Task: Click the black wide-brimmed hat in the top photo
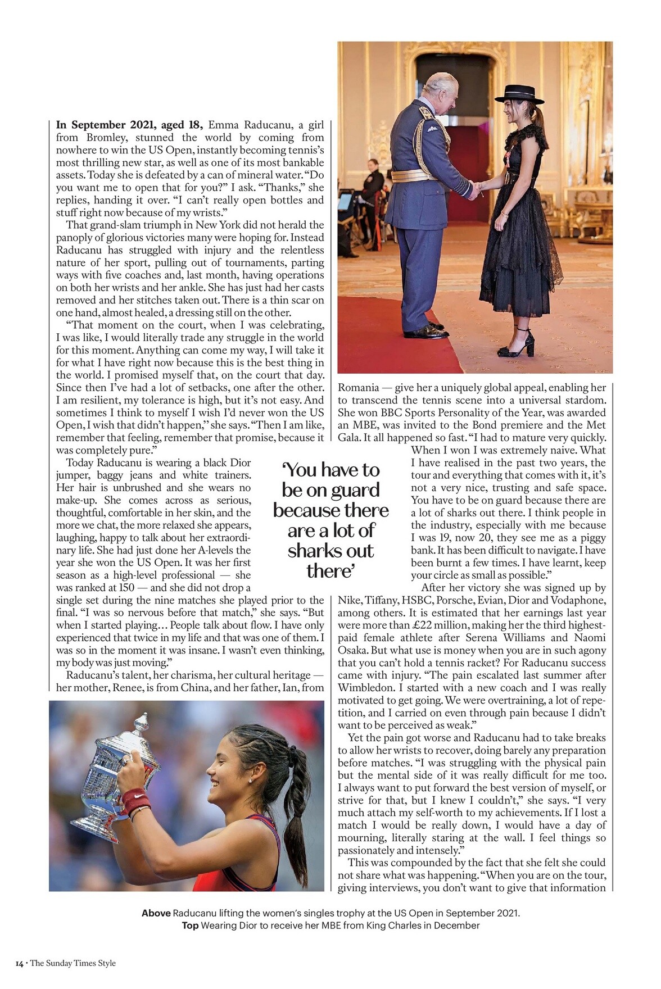[x=519, y=94]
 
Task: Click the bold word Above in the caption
[x=156, y=913]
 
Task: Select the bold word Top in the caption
[x=190, y=926]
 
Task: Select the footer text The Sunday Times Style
[x=73, y=963]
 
